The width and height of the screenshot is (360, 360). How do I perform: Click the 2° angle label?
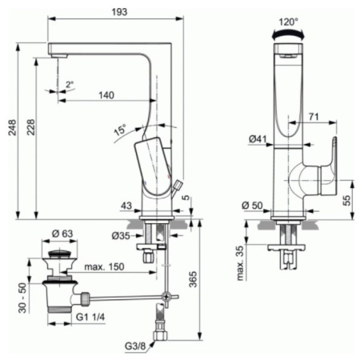click(x=70, y=83)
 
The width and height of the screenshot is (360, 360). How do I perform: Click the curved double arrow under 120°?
click(x=289, y=34)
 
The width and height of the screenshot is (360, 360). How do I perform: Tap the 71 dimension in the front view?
click(x=314, y=118)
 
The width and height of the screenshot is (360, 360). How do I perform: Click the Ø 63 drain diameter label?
click(x=63, y=234)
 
